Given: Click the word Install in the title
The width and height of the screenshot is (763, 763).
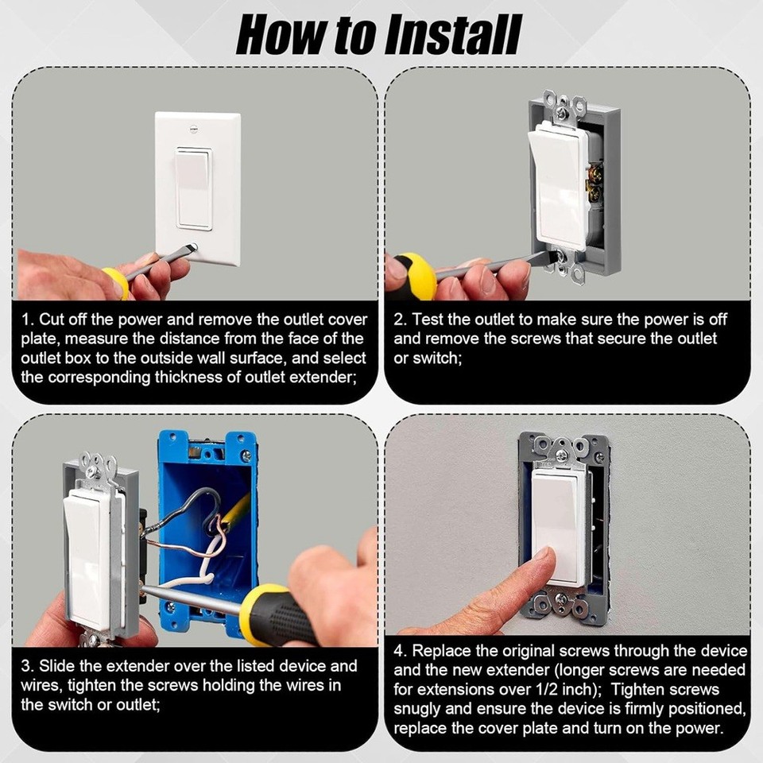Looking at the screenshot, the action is pos(452,34).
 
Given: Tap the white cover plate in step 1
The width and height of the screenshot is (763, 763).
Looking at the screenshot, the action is pos(198,189).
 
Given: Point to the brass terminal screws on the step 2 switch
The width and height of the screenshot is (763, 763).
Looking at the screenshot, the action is pos(595,183).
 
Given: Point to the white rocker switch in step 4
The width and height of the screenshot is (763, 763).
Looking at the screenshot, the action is pos(555,526).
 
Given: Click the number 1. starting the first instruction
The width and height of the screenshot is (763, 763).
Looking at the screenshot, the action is pos(28,320).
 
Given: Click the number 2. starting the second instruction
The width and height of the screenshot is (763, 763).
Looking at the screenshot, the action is pos(400,320).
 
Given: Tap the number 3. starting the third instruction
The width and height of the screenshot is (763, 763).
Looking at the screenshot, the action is pos(28,666).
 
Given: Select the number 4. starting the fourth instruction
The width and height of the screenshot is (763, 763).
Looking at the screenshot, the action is pos(400,651).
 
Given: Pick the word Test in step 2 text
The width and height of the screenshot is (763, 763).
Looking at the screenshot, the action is pos(428,320).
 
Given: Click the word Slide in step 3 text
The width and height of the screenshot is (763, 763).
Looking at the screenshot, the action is pos(56,666).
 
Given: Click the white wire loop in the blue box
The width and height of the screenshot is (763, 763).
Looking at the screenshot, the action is pos(207,560).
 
